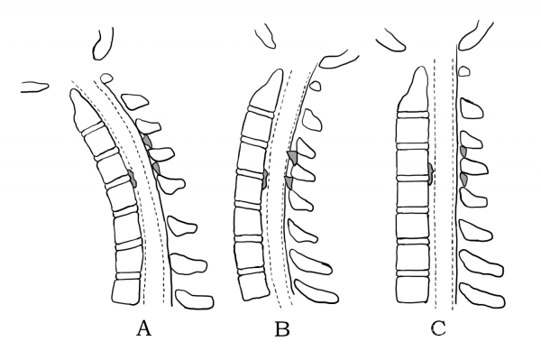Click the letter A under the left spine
click(x=144, y=328)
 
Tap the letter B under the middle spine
click(x=282, y=329)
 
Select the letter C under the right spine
click(x=438, y=328)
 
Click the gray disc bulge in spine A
click(x=133, y=179)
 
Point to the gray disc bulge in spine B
click(x=264, y=180)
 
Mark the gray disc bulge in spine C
click(x=431, y=173)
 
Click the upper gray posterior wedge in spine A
click(x=147, y=141)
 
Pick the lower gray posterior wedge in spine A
click(x=156, y=169)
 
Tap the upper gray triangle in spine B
click(x=293, y=157)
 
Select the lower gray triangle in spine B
click(x=289, y=182)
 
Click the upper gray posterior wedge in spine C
click(x=463, y=152)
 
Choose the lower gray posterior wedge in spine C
click(x=463, y=180)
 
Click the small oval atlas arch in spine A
click(x=106, y=78)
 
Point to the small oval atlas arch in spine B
click(x=315, y=85)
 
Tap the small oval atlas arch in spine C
click(x=464, y=71)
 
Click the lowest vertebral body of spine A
click(x=126, y=292)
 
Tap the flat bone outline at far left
click(x=34, y=87)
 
